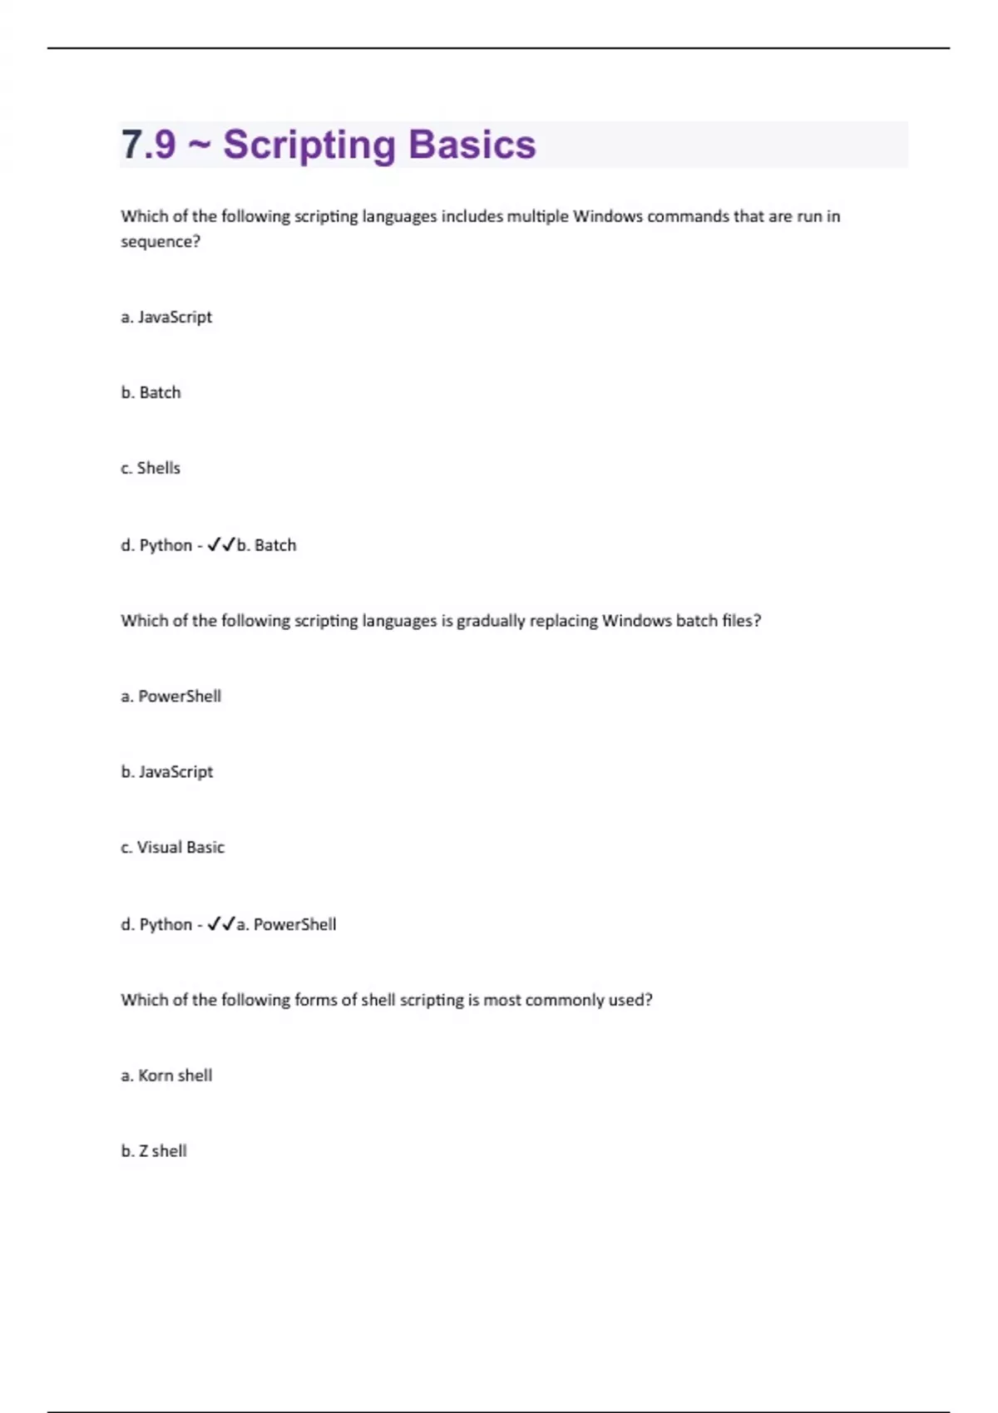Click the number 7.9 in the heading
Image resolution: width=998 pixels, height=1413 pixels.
point(149,145)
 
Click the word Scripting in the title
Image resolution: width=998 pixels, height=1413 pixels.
point(309,145)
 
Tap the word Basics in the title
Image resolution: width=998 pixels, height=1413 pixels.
point(472,145)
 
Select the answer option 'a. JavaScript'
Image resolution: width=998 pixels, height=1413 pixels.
point(166,317)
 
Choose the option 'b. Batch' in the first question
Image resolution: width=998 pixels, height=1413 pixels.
point(151,392)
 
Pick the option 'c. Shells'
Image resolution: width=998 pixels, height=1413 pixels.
point(151,468)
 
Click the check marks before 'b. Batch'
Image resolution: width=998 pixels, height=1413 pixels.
point(221,544)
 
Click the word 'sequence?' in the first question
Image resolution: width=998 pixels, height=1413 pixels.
point(161,242)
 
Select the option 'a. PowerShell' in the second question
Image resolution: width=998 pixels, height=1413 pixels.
point(171,696)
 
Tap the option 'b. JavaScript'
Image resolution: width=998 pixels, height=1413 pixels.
point(167,771)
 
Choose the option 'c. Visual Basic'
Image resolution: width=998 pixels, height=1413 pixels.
point(173,847)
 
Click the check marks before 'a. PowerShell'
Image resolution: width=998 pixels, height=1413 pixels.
point(221,923)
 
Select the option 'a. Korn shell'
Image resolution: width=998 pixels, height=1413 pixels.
point(166,1076)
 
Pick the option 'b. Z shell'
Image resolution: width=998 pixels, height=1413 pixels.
point(154,1151)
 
